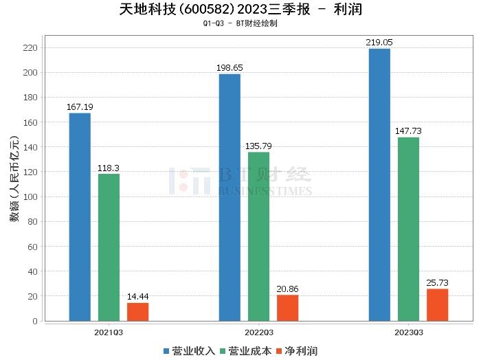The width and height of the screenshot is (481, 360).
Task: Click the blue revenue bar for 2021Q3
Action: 80,216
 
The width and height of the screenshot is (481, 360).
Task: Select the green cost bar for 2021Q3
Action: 109,247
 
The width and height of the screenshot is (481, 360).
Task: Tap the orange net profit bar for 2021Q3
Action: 137,312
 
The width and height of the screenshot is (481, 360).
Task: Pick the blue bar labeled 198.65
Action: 230,197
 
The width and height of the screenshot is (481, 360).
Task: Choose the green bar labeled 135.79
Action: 258,236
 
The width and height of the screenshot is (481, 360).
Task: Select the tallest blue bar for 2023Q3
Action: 379,184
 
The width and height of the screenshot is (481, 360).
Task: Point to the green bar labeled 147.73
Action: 408,229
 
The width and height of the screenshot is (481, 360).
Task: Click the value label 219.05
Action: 379,43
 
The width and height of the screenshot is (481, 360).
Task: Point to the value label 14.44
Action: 137,297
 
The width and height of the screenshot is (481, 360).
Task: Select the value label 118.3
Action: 109,168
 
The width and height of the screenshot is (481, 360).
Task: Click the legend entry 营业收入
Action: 189,351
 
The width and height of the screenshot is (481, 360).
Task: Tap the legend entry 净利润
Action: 298,351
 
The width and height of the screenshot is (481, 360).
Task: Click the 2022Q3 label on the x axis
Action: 258,332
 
